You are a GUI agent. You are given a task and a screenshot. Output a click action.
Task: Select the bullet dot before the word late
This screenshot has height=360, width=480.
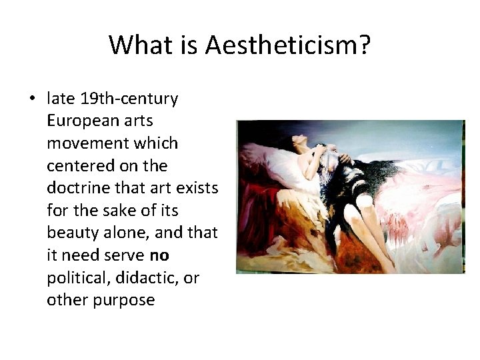32,99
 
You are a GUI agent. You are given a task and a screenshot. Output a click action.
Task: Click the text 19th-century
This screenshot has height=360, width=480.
129,99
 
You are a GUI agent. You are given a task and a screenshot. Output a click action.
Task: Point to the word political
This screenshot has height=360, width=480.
75,278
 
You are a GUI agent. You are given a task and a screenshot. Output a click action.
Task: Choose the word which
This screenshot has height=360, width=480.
157,143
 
